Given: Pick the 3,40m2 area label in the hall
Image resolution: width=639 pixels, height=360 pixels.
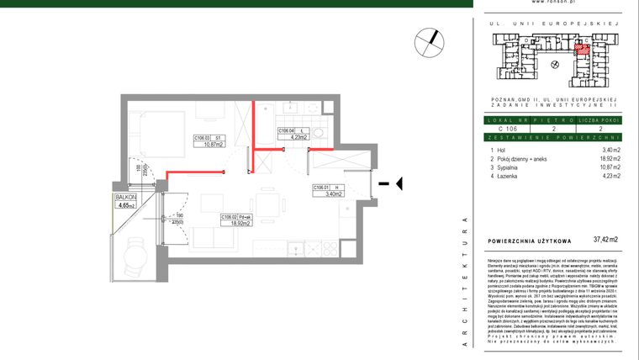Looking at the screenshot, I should coord(325,193).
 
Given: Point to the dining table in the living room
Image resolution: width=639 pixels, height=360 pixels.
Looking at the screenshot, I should coord(269,204).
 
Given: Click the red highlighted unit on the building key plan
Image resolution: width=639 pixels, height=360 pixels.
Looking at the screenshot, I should coord(580,48).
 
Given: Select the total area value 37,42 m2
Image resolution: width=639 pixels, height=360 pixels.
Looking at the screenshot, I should coord(605,240).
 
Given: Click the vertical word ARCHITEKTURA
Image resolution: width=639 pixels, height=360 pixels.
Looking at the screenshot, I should coord(464,278).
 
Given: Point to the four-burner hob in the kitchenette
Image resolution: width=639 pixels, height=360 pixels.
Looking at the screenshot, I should coord(325,249).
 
